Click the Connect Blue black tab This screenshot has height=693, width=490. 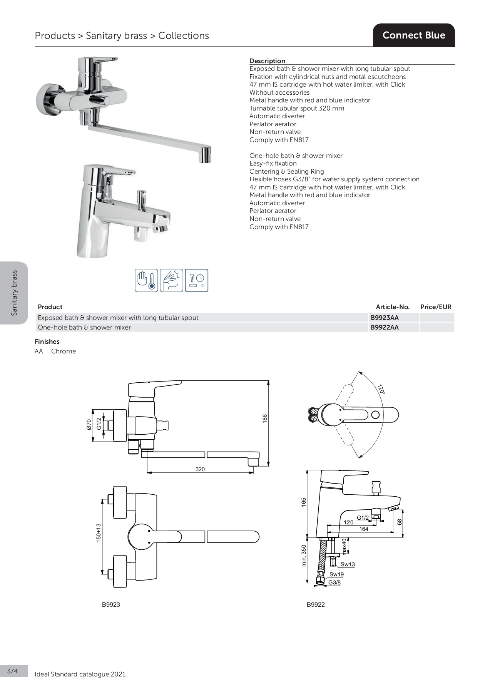click(414, 35)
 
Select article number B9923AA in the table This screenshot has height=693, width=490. click(385, 318)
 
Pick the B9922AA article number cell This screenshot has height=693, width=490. click(385, 327)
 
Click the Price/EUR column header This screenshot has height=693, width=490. click(436, 307)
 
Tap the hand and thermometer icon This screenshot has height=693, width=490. click(146, 280)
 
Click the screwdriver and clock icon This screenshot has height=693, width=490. click(196, 280)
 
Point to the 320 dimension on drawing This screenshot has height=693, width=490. click(200, 469)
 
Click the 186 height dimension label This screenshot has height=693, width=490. click(265, 418)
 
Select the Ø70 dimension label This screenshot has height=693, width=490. click(89, 424)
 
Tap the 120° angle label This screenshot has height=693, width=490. click(381, 389)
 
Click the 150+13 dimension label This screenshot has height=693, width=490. click(99, 533)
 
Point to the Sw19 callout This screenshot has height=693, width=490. click(336, 574)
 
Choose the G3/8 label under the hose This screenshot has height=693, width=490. click(334, 583)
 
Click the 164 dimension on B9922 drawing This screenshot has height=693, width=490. click(364, 529)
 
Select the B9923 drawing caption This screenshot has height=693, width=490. click(111, 604)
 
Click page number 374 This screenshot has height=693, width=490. click(12, 671)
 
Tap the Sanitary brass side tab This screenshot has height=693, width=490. click(14, 293)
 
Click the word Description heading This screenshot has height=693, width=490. click(267, 61)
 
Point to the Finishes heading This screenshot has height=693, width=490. click(47, 341)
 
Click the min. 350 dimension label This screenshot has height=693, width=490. click(304, 555)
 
